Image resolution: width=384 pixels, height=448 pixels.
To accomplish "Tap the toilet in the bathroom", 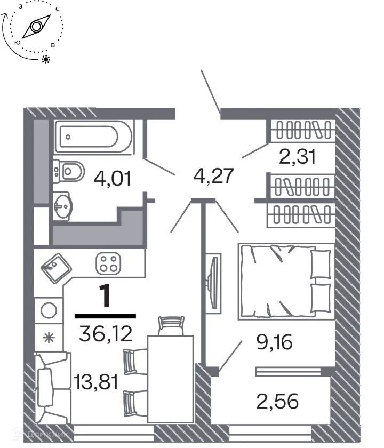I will click(x=69, y=171).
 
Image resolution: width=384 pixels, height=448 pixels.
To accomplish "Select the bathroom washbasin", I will click(x=63, y=205).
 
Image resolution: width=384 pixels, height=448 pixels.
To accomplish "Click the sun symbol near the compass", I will click(x=46, y=59).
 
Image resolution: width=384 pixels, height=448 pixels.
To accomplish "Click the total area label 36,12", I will click(x=105, y=334).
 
